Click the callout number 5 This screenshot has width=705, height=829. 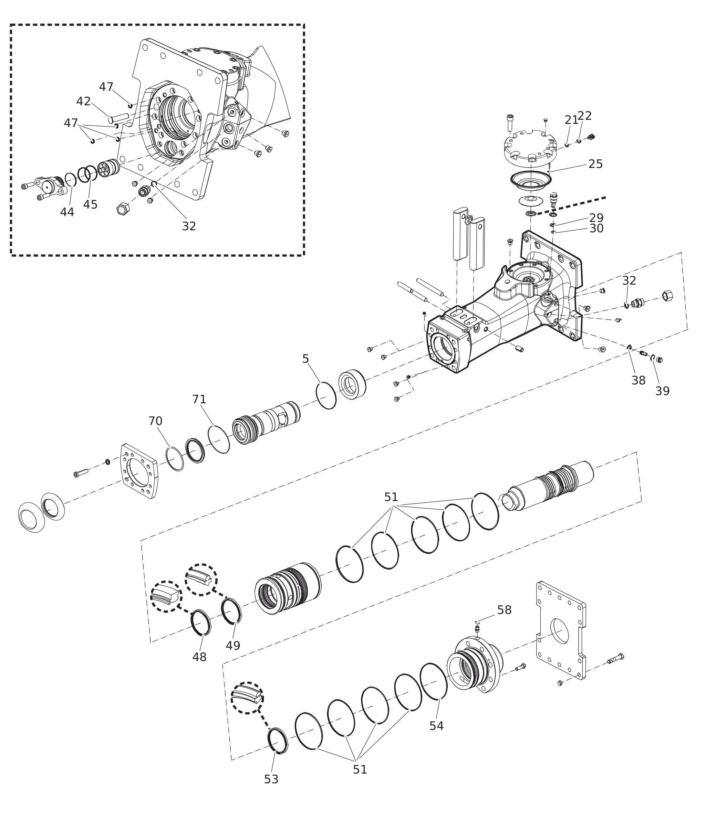[x=305, y=359]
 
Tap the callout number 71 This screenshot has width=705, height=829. [x=199, y=399]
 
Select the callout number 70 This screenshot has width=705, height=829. [x=155, y=421]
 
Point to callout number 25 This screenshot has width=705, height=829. [x=595, y=164]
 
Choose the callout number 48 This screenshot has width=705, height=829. [x=199, y=657]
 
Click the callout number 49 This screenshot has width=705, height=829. [x=233, y=646]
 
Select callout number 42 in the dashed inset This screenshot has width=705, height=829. [x=84, y=102]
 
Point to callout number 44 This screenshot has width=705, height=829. [x=67, y=212]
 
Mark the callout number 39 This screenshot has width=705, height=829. [x=662, y=391]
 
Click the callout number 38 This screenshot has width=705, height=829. [x=639, y=381]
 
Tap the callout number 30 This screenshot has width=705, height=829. [x=596, y=228]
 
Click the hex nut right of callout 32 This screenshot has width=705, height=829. [x=668, y=296]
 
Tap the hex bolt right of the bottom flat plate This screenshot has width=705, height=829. [x=615, y=659]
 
